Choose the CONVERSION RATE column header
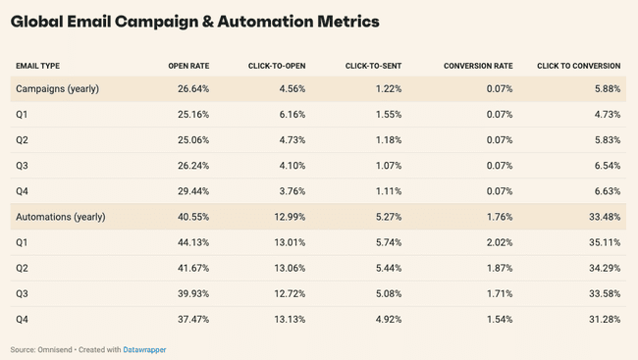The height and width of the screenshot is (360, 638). point(479,66)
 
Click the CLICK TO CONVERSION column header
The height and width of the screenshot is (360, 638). point(578,66)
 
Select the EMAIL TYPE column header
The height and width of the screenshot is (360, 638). point(37,66)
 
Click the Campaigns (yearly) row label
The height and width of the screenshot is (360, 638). point(56,88)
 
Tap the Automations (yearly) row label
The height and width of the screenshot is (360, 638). point(60,216)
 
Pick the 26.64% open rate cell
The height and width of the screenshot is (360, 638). point(192,88)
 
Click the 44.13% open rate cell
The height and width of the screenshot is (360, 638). point(192,241)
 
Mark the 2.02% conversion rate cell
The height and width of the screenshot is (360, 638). point(500,241)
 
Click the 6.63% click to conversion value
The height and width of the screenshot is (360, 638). point(606,190)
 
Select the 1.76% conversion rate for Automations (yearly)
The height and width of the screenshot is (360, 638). point(500,216)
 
